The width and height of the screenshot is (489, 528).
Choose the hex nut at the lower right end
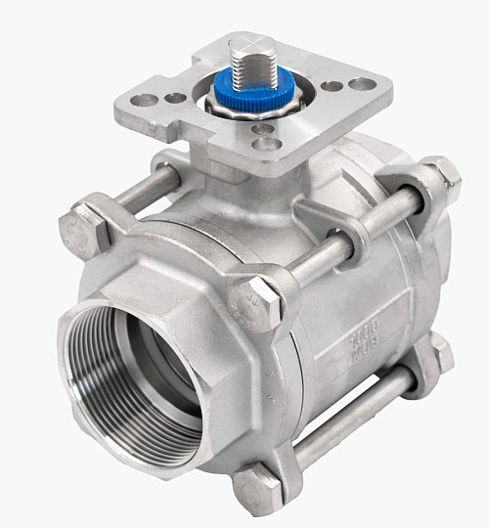[x=440, y=353]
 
